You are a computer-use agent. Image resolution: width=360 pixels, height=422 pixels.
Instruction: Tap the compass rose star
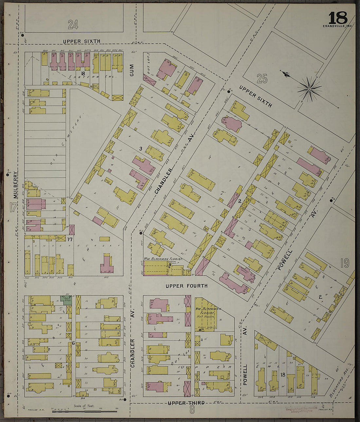click(309, 89)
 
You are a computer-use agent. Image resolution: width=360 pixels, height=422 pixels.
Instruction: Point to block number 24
click(73, 24)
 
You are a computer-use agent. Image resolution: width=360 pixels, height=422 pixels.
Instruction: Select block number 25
click(262, 79)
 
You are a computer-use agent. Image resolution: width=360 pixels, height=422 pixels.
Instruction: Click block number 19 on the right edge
click(344, 263)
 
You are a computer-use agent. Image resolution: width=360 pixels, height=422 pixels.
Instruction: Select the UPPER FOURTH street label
click(186, 286)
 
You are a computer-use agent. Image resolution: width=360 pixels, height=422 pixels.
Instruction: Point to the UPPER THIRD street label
click(186, 403)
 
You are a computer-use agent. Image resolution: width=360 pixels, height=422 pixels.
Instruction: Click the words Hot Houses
click(205, 316)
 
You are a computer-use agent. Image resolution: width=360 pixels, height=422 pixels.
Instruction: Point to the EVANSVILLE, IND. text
click(337, 26)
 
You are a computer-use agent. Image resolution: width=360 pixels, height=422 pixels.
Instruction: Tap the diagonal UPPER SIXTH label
click(255, 96)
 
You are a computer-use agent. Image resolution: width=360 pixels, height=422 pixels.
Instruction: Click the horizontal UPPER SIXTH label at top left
click(81, 41)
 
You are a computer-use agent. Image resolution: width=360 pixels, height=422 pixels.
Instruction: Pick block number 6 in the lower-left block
click(74, 343)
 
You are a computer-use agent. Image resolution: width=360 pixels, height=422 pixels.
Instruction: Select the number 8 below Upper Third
click(192, 410)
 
